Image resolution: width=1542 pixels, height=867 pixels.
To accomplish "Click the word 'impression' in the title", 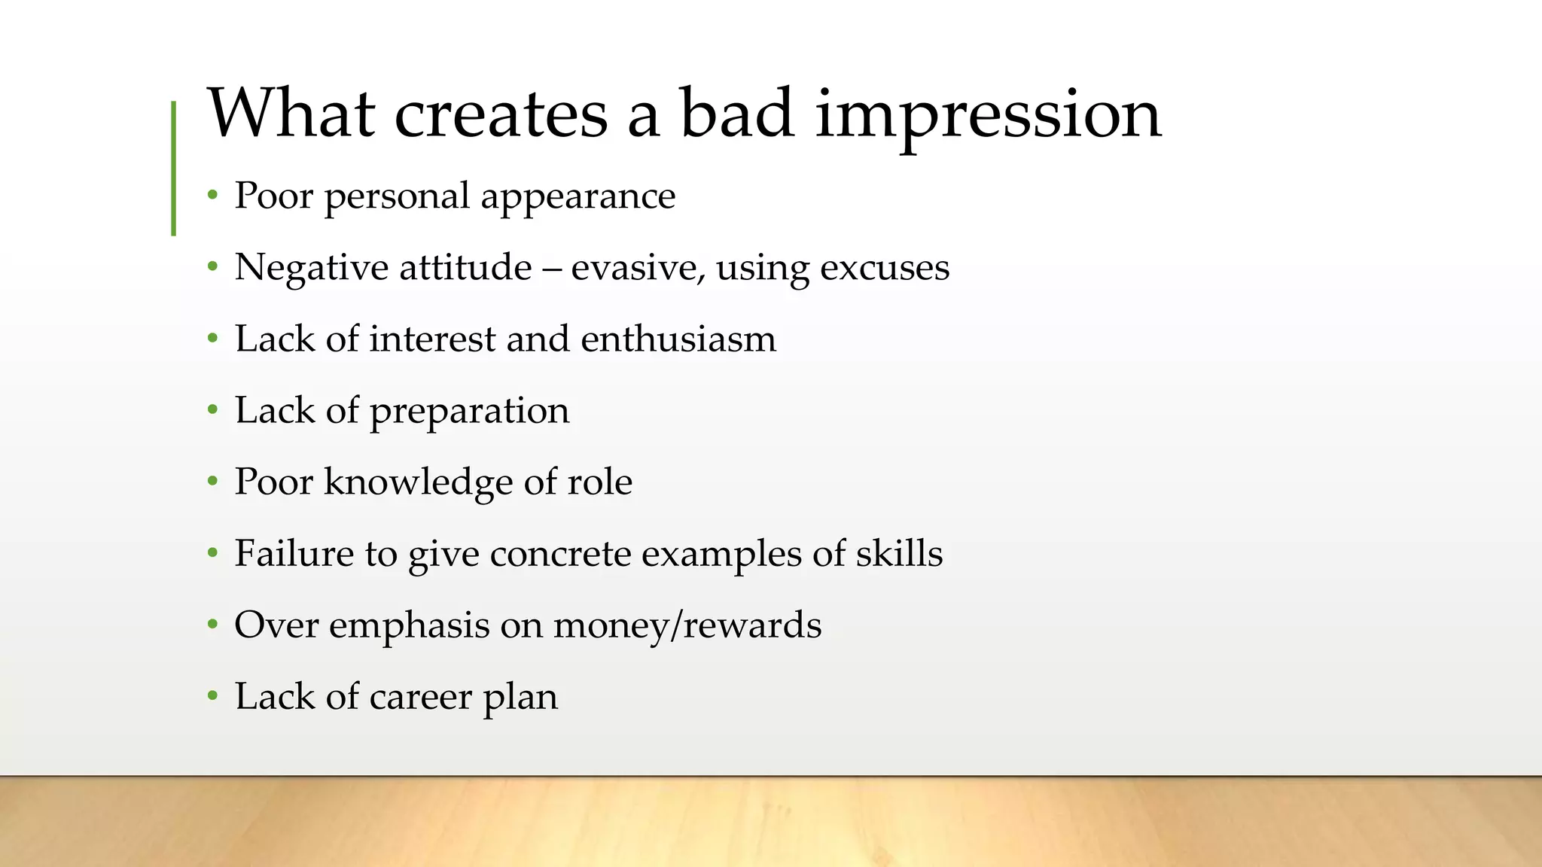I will (988, 114).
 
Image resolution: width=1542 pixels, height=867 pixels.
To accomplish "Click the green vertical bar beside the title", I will (174, 169).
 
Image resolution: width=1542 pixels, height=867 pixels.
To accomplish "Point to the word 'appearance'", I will (577, 197).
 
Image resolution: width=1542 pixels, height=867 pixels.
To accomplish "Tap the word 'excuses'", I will (884, 268).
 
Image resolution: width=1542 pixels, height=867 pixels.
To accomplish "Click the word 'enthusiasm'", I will (678, 339).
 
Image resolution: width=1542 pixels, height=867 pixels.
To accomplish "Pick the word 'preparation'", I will (469, 412).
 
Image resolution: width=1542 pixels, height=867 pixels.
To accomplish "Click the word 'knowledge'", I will (418, 482).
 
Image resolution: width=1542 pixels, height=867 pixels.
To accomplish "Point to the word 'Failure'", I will (294, 553).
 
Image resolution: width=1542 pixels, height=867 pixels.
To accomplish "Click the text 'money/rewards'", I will (687, 625).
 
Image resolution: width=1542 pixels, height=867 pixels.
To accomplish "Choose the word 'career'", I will (420, 697).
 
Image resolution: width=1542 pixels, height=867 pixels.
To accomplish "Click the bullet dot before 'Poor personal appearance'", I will (213, 196).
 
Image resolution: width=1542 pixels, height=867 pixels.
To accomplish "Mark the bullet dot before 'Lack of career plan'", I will (213, 696).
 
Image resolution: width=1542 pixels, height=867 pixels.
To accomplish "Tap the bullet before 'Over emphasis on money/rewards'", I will (213, 625).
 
